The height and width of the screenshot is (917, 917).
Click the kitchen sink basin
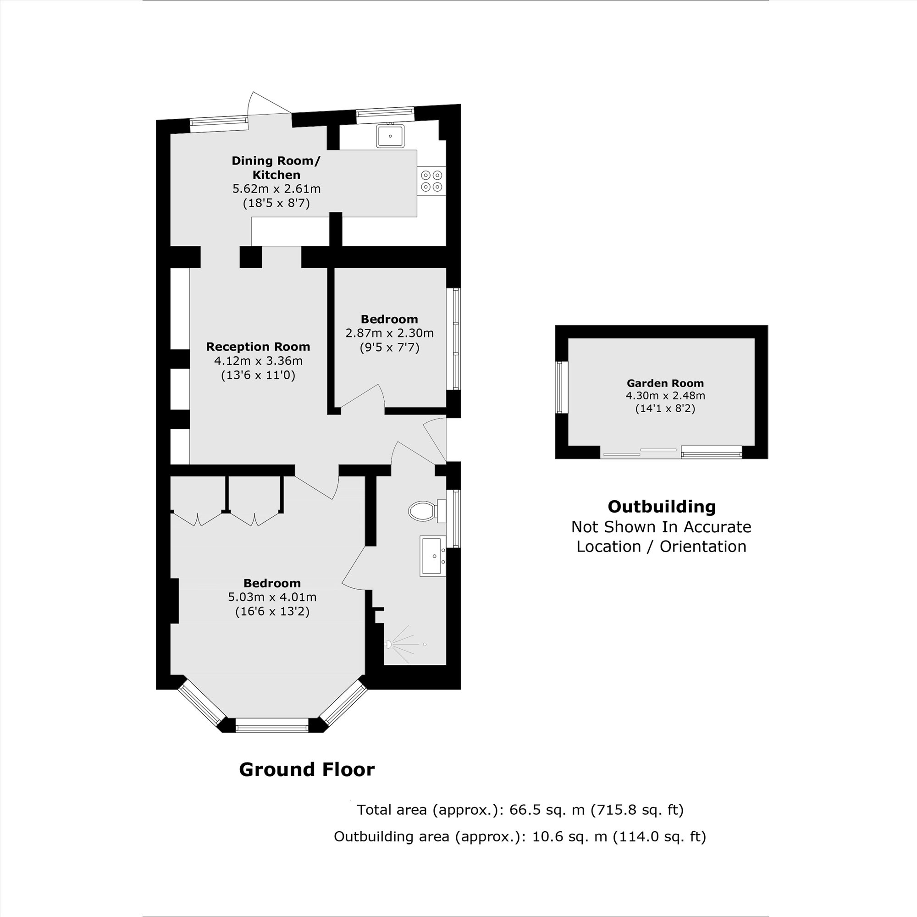(x=390, y=136)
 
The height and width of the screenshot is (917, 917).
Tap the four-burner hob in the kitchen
(x=431, y=181)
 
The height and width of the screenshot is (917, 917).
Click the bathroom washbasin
(x=433, y=556)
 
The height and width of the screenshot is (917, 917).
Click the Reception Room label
(x=258, y=347)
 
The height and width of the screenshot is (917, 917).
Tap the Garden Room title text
(x=665, y=383)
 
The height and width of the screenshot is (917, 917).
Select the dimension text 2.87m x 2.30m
(x=389, y=333)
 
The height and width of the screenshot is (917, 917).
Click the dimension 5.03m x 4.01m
(x=272, y=597)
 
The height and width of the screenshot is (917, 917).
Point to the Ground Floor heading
(x=307, y=769)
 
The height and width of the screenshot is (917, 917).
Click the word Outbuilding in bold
(x=662, y=507)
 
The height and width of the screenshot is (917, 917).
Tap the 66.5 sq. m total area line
(x=520, y=809)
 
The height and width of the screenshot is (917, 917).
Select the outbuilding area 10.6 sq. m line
(x=520, y=836)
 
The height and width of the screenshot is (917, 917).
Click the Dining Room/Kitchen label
(x=276, y=167)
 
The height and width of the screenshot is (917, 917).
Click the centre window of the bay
(x=272, y=725)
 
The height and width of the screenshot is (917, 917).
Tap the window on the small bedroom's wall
(x=456, y=339)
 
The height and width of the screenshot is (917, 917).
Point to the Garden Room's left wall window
(x=562, y=387)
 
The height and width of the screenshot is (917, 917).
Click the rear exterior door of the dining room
(x=270, y=103)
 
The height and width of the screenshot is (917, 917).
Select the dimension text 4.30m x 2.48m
(x=665, y=395)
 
